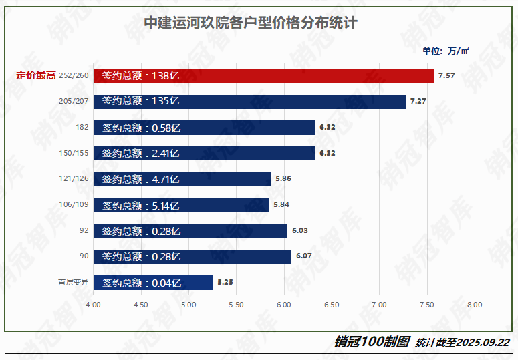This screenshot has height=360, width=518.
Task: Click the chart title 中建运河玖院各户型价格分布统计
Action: [x=251, y=23]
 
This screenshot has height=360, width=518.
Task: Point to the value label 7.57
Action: [x=446, y=76]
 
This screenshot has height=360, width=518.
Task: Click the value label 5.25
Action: [x=225, y=283]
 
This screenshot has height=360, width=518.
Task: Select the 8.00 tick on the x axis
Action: [x=474, y=305]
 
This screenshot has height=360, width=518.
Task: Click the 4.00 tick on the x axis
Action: [x=93, y=305]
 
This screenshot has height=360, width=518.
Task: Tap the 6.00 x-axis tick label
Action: [x=283, y=305]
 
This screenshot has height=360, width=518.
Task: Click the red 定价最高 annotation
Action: [x=35, y=75]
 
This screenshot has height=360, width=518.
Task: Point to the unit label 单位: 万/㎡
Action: [x=445, y=51]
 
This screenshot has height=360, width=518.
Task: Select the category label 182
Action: [x=82, y=128]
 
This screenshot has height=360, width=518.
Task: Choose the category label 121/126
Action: [x=74, y=179]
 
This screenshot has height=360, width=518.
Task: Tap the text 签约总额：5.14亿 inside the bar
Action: [x=141, y=205]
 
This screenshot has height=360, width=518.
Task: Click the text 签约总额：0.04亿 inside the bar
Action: [x=141, y=283]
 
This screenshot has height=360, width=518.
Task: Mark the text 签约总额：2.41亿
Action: [x=141, y=154]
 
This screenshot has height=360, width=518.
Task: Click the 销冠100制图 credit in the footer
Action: [x=372, y=341]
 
